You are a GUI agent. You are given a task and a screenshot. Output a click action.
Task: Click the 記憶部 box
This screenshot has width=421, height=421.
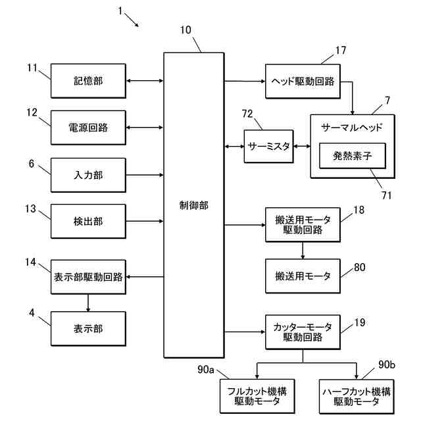pyautogui.click(x=88, y=81)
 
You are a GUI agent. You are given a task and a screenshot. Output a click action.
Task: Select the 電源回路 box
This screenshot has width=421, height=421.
pyautogui.click(x=88, y=128)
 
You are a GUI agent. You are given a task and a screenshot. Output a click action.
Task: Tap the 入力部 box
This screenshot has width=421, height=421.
pyautogui.click(x=88, y=175)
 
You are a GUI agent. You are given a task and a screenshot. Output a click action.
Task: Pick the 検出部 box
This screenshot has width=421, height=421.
pyautogui.click(x=88, y=221)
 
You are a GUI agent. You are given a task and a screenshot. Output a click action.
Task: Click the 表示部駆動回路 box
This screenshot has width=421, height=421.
pyautogui.click(x=88, y=277)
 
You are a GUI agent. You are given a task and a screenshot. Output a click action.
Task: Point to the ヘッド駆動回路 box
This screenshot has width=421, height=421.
pyautogui.click(x=303, y=81)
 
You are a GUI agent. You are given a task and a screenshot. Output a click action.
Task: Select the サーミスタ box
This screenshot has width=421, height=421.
pyautogui.click(x=268, y=146)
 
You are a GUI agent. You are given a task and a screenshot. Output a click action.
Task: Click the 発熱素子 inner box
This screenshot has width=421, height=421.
pyautogui.click(x=353, y=156)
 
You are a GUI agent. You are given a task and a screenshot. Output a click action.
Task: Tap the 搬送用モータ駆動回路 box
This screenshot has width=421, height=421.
pyautogui.click(x=303, y=225)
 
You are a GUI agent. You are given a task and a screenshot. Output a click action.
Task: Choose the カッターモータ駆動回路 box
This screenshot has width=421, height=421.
pyautogui.click(x=303, y=332)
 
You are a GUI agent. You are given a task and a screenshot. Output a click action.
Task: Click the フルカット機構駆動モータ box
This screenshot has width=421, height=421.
pyautogui.click(x=257, y=396)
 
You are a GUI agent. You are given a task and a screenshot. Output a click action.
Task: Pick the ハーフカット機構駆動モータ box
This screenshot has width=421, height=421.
pyautogui.click(x=357, y=396)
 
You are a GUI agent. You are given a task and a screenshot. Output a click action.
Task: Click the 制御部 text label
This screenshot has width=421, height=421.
pyautogui.click(x=194, y=205)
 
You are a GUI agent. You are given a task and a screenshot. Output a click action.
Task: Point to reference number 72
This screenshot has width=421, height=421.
pyautogui.click(x=247, y=114)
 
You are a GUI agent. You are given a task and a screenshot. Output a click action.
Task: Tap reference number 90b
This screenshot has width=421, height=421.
pyautogui.click(x=387, y=364)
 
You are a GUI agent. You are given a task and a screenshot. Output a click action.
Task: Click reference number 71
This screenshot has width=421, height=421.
pyautogui.click(x=386, y=195)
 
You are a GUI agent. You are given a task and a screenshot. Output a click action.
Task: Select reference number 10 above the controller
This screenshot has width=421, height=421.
pyautogui.click(x=186, y=30)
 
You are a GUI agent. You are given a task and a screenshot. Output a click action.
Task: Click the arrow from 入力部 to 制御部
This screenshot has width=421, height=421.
pyautogui.click(x=145, y=175)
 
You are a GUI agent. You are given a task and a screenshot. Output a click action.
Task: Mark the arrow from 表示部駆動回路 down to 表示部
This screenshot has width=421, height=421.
pyautogui.click(x=88, y=303)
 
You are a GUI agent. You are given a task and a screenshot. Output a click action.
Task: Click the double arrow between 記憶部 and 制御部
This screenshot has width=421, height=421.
pyautogui.click(x=145, y=81)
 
